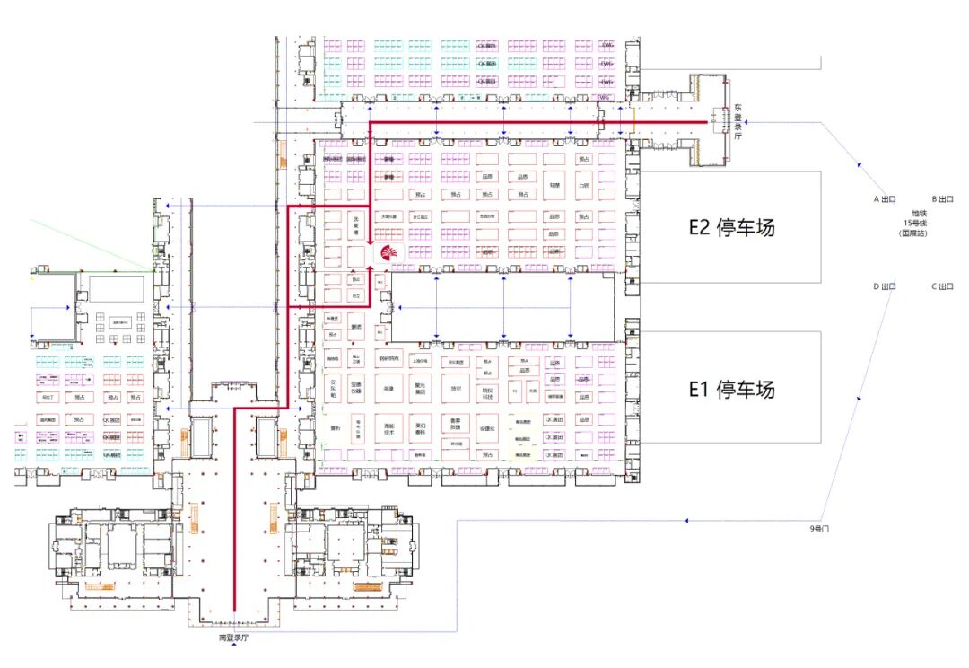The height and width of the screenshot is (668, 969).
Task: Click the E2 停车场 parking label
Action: coord(731,227)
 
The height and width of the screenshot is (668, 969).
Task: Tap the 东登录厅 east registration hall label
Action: coord(738,122)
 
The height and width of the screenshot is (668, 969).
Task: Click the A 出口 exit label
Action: coord(886,198)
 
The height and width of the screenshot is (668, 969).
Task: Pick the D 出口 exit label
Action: coord(886,286)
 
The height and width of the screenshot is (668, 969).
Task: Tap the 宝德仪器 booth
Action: coord(356,389)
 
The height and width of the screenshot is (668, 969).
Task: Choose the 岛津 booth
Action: coord(388,389)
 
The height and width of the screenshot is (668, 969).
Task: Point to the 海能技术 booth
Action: coord(388,428)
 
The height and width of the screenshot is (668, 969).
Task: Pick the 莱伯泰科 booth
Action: coord(420,428)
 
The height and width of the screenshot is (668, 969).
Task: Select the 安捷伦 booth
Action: coord(487,428)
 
